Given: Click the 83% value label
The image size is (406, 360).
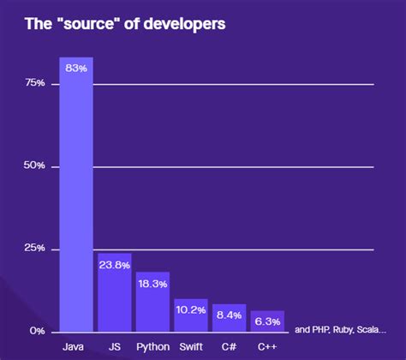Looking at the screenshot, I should [x=75, y=68].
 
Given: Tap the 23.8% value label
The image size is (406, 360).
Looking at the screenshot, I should [x=114, y=265].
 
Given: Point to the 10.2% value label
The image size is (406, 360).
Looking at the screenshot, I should [x=190, y=309].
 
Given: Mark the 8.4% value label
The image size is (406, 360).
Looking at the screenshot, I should [x=229, y=315].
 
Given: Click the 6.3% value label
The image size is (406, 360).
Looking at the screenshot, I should [x=267, y=321].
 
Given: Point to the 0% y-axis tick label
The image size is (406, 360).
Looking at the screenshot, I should [x=37, y=331].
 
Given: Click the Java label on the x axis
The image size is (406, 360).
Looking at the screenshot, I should [x=74, y=348].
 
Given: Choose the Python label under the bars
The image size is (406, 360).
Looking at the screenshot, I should [x=152, y=348].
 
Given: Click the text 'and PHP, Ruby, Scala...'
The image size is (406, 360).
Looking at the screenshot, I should [x=340, y=329].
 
